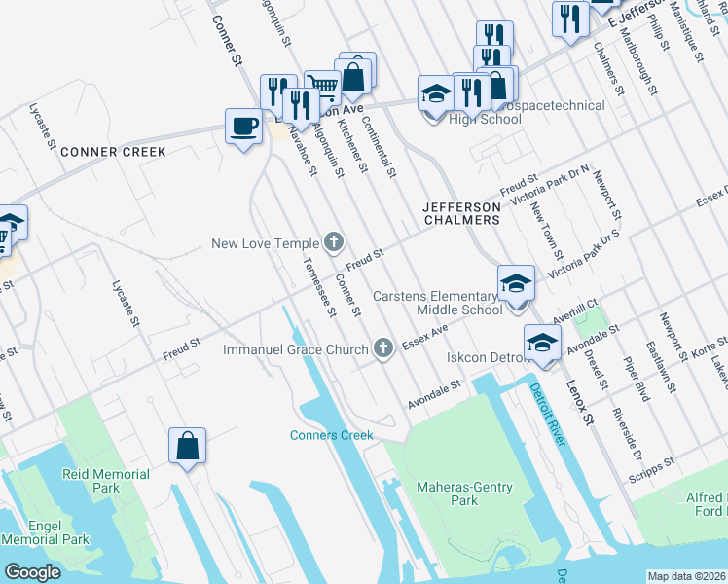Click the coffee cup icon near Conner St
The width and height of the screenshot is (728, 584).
(x=243, y=126)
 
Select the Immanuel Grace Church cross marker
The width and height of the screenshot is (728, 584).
(x=384, y=348)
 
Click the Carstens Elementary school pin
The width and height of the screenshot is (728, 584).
(x=516, y=283)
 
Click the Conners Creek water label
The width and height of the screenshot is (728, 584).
(x=331, y=435)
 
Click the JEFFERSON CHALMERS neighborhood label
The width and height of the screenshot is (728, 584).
(x=461, y=213)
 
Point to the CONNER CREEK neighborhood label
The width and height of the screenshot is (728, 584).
(x=113, y=152)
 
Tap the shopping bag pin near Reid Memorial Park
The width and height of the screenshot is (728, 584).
(x=187, y=446)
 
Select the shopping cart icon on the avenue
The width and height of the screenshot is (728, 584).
(x=321, y=88)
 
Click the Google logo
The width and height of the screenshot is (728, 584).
(x=32, y=572)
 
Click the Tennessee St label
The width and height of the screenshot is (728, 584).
(x=319, y=287)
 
